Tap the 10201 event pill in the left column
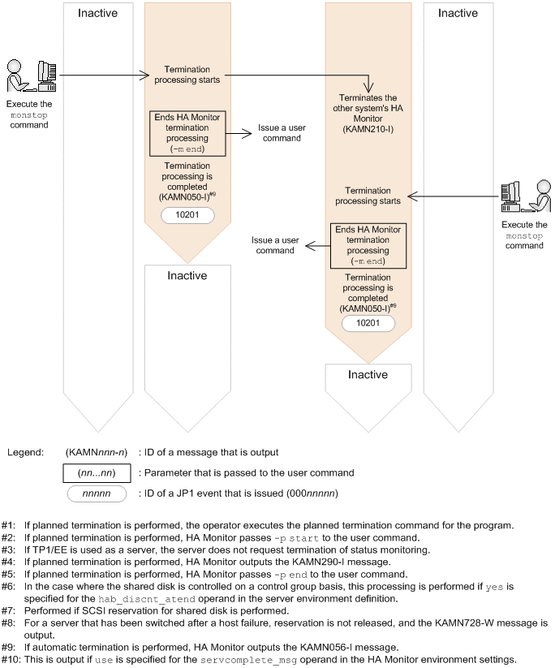187,215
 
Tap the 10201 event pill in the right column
368,323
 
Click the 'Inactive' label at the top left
98,13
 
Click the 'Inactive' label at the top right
458,13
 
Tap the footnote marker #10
10,659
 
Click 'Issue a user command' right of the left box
279,133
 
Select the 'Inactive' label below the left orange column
187,275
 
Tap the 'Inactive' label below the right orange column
368,374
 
